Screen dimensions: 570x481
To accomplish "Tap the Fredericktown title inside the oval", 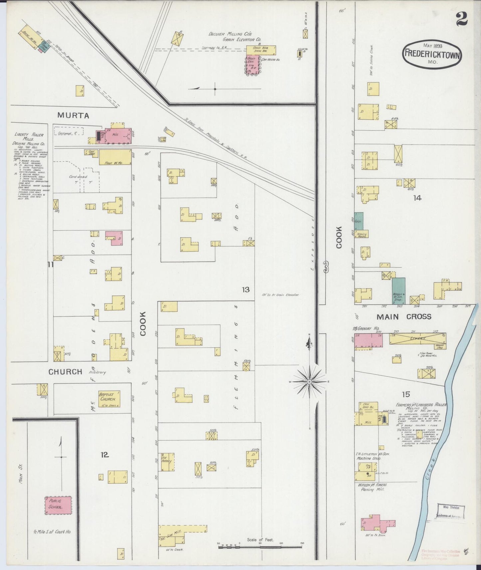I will [x=432, y=54].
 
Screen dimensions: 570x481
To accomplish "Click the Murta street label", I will [x=73, y=115].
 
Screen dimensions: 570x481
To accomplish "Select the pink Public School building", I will [x=58, y=505].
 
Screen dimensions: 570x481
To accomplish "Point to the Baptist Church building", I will [x=107, y=398].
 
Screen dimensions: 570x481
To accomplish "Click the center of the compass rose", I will [x=309, y=382].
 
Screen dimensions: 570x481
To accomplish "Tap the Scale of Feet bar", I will [x=260, y=545].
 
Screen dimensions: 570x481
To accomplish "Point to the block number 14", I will [x=417, y=198].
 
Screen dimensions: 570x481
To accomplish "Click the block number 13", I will [x=246, y=290].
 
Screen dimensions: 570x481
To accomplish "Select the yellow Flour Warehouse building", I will [x=115, y=157].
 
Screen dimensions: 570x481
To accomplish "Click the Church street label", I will [x=65, y=371].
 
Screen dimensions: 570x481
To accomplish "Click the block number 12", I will [x=105, y=454].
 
